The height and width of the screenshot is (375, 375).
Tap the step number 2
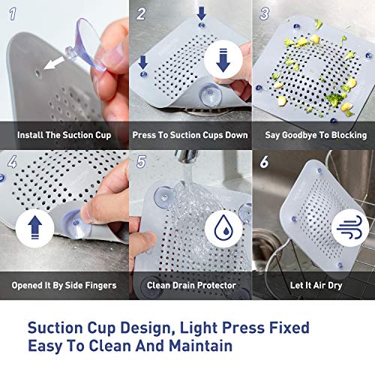point(142,13)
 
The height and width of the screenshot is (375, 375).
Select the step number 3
point(265,13)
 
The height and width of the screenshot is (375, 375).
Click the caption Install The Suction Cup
point(64,135)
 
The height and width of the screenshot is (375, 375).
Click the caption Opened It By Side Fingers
point(64,286)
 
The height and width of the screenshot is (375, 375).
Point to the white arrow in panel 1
point(54,64)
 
